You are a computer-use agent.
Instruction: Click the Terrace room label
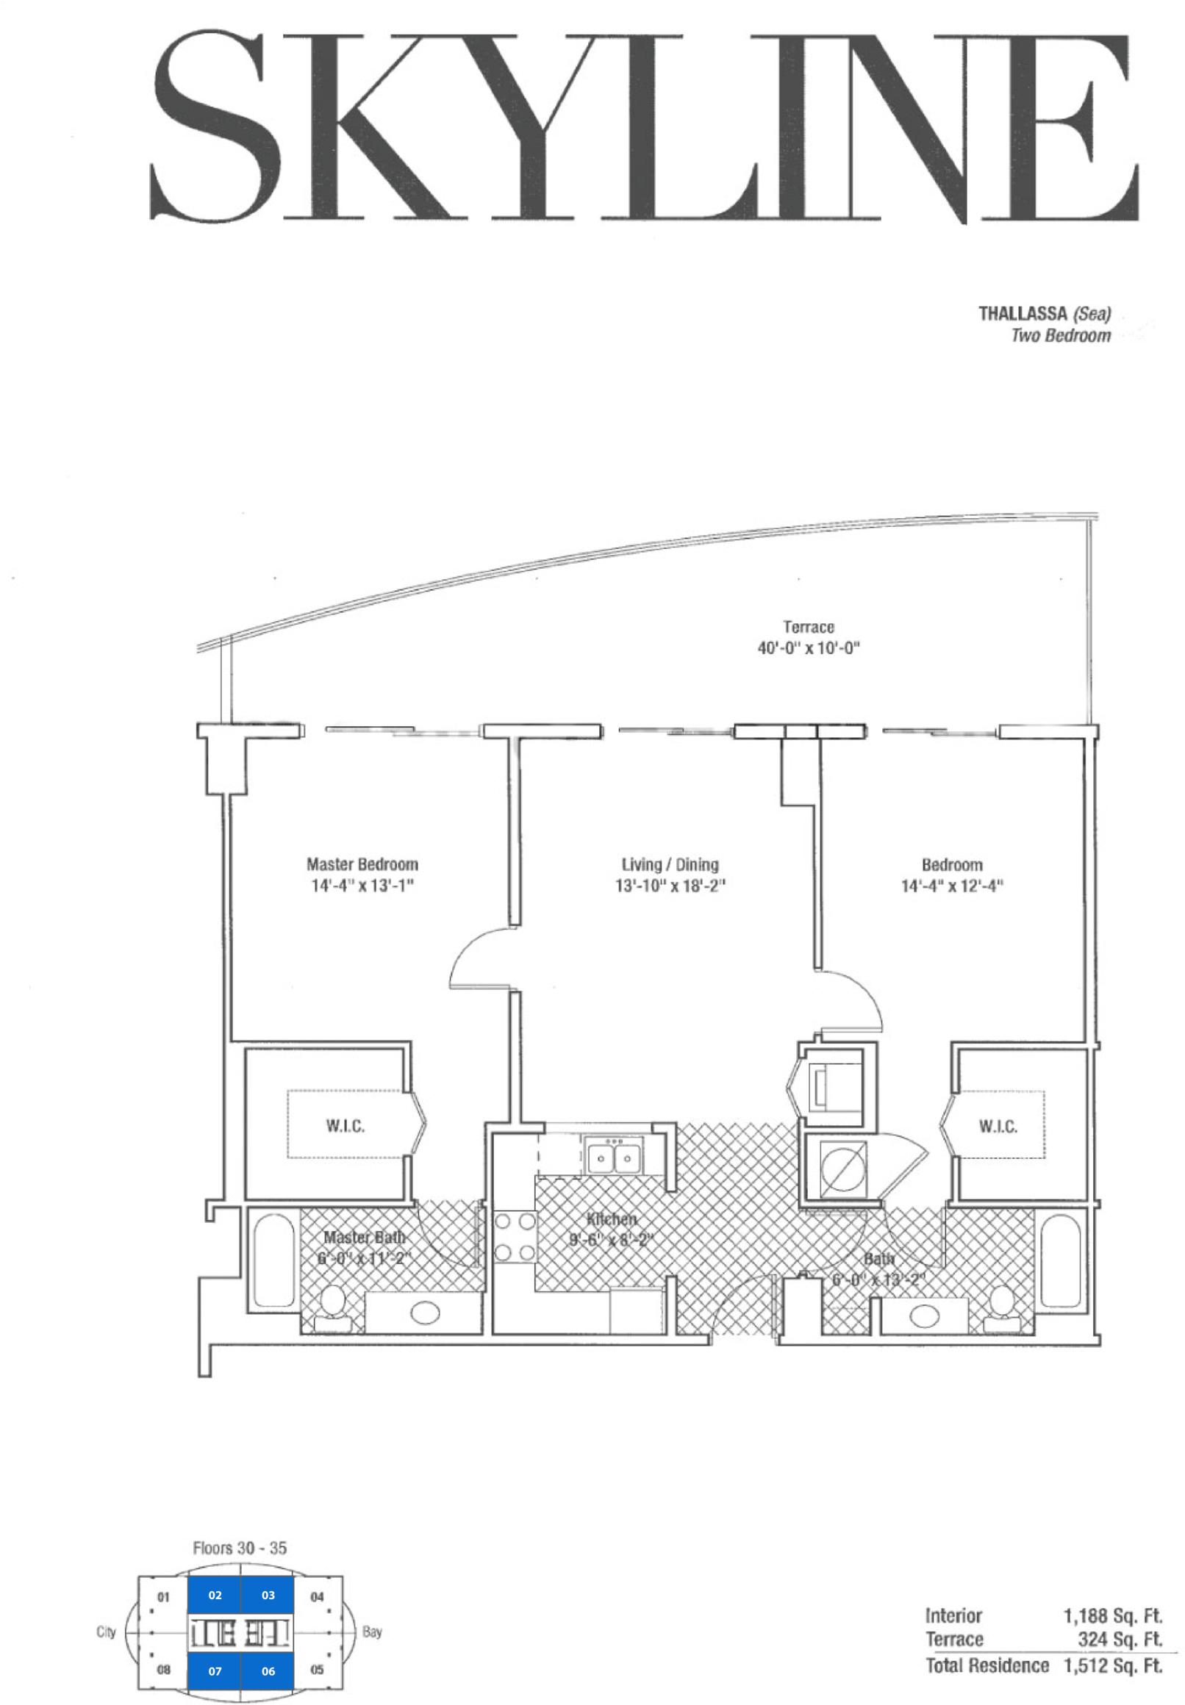click(x=809, y=627)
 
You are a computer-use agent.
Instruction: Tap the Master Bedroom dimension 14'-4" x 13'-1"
click(x=362, y=886)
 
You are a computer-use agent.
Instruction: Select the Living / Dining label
click(x=670, y=865)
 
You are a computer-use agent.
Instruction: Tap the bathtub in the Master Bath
click(x=274, y=1260)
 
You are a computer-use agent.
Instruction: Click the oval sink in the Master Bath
click(x=425, y=1313)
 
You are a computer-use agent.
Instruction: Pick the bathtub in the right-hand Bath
click(x=1060, y=1260)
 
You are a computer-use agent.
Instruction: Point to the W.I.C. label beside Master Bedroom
click(x=346, y=1126)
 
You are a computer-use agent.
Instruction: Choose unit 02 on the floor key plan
click(x=215, y=1595)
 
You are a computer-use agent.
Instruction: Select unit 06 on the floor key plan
click(x=268, y=1672)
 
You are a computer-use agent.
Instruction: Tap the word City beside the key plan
click(x=106, y=1632)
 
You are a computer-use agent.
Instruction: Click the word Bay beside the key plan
click(x=372, y=1632)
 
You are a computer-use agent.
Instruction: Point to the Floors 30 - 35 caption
click(x=240, y=1548)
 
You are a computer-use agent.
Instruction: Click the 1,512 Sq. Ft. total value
click(x=1113, y=1666)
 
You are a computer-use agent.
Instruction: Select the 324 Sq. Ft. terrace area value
click(x=1120, y=1640)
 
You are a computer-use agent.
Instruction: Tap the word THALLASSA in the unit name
click(x=1023, y=313)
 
